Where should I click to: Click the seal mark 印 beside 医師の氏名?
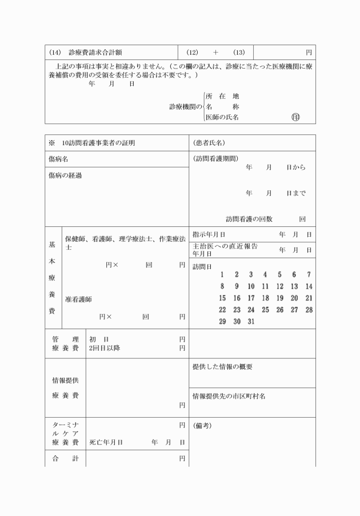tap(295, 117)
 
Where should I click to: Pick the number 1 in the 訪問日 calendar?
tap(222, 275)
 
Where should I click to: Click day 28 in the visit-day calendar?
tap(309, 310)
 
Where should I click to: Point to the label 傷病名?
tap(58, 159)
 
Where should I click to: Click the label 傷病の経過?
tap(65, 175)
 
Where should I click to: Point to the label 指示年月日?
tap(209, 234)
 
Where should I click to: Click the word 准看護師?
tap(79, 299)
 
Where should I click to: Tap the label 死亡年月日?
tap(106, 442)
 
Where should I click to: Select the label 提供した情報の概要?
tap(222, 367)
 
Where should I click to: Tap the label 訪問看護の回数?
tap(249, 218)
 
